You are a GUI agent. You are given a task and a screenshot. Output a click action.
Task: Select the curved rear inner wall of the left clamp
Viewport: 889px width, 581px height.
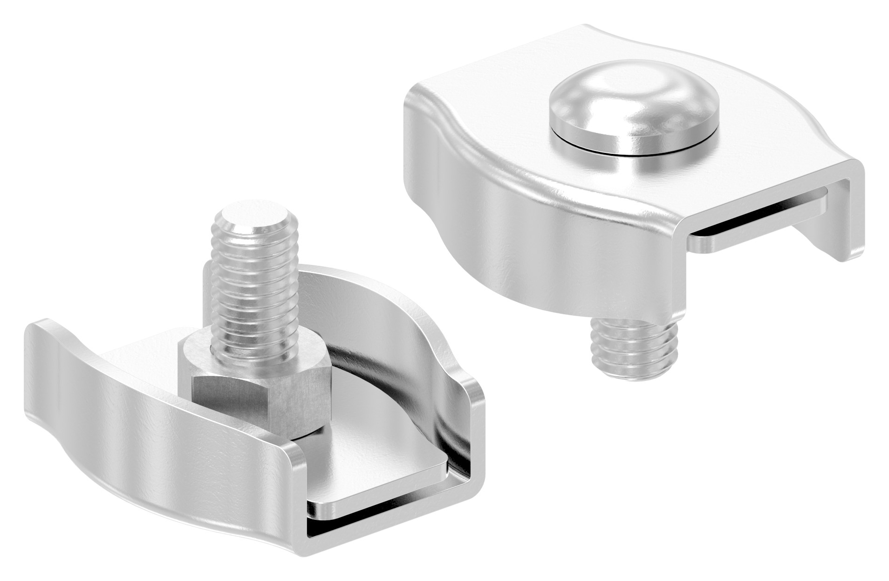pyautogui.click(x=396, y=336)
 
